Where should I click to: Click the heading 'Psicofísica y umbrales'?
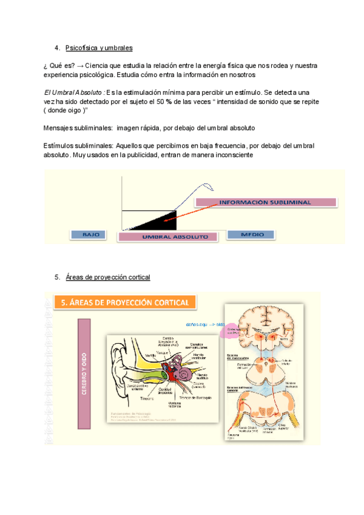pos(99,47)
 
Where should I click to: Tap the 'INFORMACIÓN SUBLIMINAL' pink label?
pos(265,202)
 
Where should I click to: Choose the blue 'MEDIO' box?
pos(252,234)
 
